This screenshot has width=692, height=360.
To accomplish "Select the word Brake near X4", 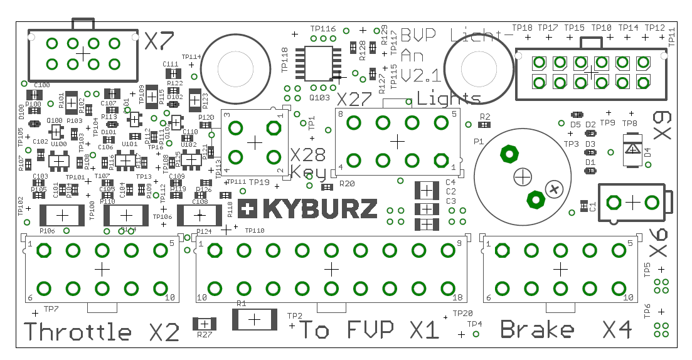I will click(537, 329).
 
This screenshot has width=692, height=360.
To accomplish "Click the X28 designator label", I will click(306, 155).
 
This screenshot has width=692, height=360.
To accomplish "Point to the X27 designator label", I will click(354, 100).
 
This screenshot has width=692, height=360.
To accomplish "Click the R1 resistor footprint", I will click(254, 319).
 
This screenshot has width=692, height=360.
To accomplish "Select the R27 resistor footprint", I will click(204, 324).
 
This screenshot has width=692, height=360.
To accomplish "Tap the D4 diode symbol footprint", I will click(632, 149).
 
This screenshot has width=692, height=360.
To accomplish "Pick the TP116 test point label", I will click(323, 29).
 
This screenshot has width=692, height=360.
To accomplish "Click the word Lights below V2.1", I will click(449, 98).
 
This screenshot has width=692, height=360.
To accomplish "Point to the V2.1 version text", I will click(420, 76).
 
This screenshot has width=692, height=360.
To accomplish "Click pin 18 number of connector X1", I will click(457, 298).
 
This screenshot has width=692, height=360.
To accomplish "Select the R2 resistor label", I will click(484, 117).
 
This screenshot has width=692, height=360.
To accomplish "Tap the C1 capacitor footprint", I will click(584, 205).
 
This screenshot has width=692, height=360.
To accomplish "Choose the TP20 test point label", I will click(462, 313).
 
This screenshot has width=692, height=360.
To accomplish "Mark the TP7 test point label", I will click(51, 309).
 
